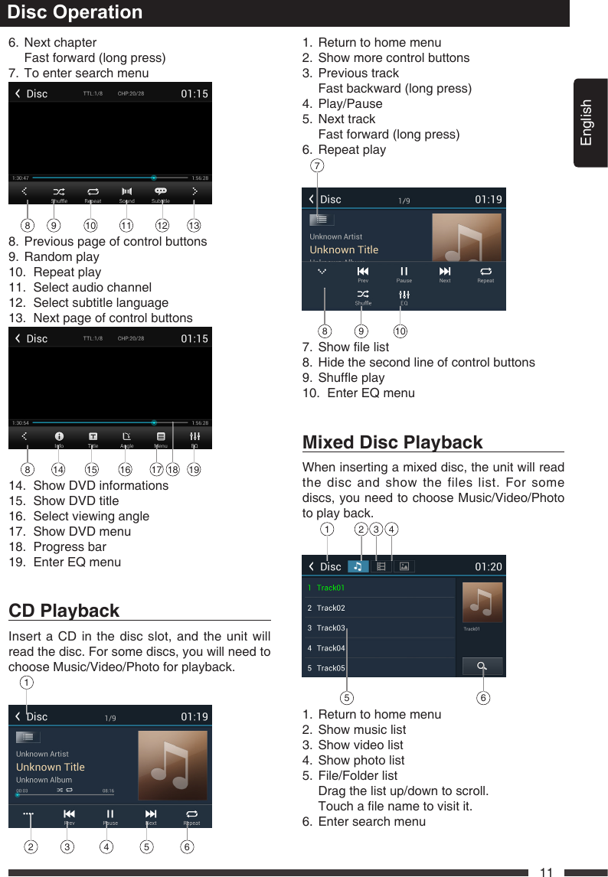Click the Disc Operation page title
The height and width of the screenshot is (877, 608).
coord(74,12)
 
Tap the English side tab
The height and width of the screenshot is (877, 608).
coord(587,122)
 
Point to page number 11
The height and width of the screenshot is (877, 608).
coord(546,872)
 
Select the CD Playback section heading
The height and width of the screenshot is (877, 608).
coord(64,611)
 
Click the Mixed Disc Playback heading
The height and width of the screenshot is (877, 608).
coord(393,442)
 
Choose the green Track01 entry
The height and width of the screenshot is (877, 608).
coord(331,588)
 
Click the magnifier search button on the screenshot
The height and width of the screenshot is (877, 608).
coord(482,666)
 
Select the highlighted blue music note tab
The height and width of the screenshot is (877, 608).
coord(358,566)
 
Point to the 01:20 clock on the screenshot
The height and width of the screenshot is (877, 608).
coord(489,567)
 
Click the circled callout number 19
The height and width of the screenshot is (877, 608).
coord(194,470)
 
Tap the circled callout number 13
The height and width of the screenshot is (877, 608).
coord(194,226)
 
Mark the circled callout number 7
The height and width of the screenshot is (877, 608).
coord(317,166)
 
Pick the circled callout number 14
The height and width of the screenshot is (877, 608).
coord(57,470)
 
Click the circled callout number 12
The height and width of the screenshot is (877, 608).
coord(162,226)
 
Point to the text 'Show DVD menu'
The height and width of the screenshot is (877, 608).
coord(82,531)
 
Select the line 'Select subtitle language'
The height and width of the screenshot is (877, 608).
coord(100,302)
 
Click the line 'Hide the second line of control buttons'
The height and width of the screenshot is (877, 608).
coord(427,362)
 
